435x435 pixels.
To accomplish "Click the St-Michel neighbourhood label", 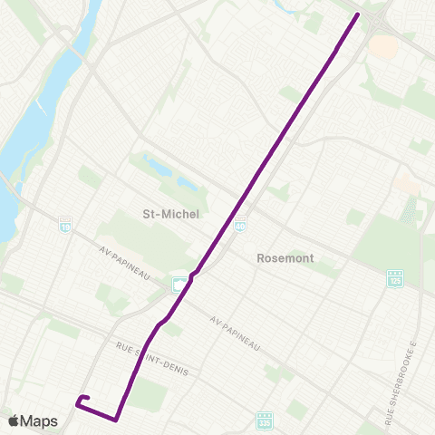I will [170, 213].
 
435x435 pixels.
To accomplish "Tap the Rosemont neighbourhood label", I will [285, 257].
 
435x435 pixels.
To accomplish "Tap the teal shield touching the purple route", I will [180, 284].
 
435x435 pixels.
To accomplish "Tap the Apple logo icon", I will [15, 420].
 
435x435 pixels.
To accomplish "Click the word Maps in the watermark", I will [42, 420].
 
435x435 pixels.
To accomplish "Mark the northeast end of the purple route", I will [357, 14].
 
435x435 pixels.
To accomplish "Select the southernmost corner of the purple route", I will [116, 420].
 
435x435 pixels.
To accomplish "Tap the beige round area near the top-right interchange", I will [384, 45].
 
